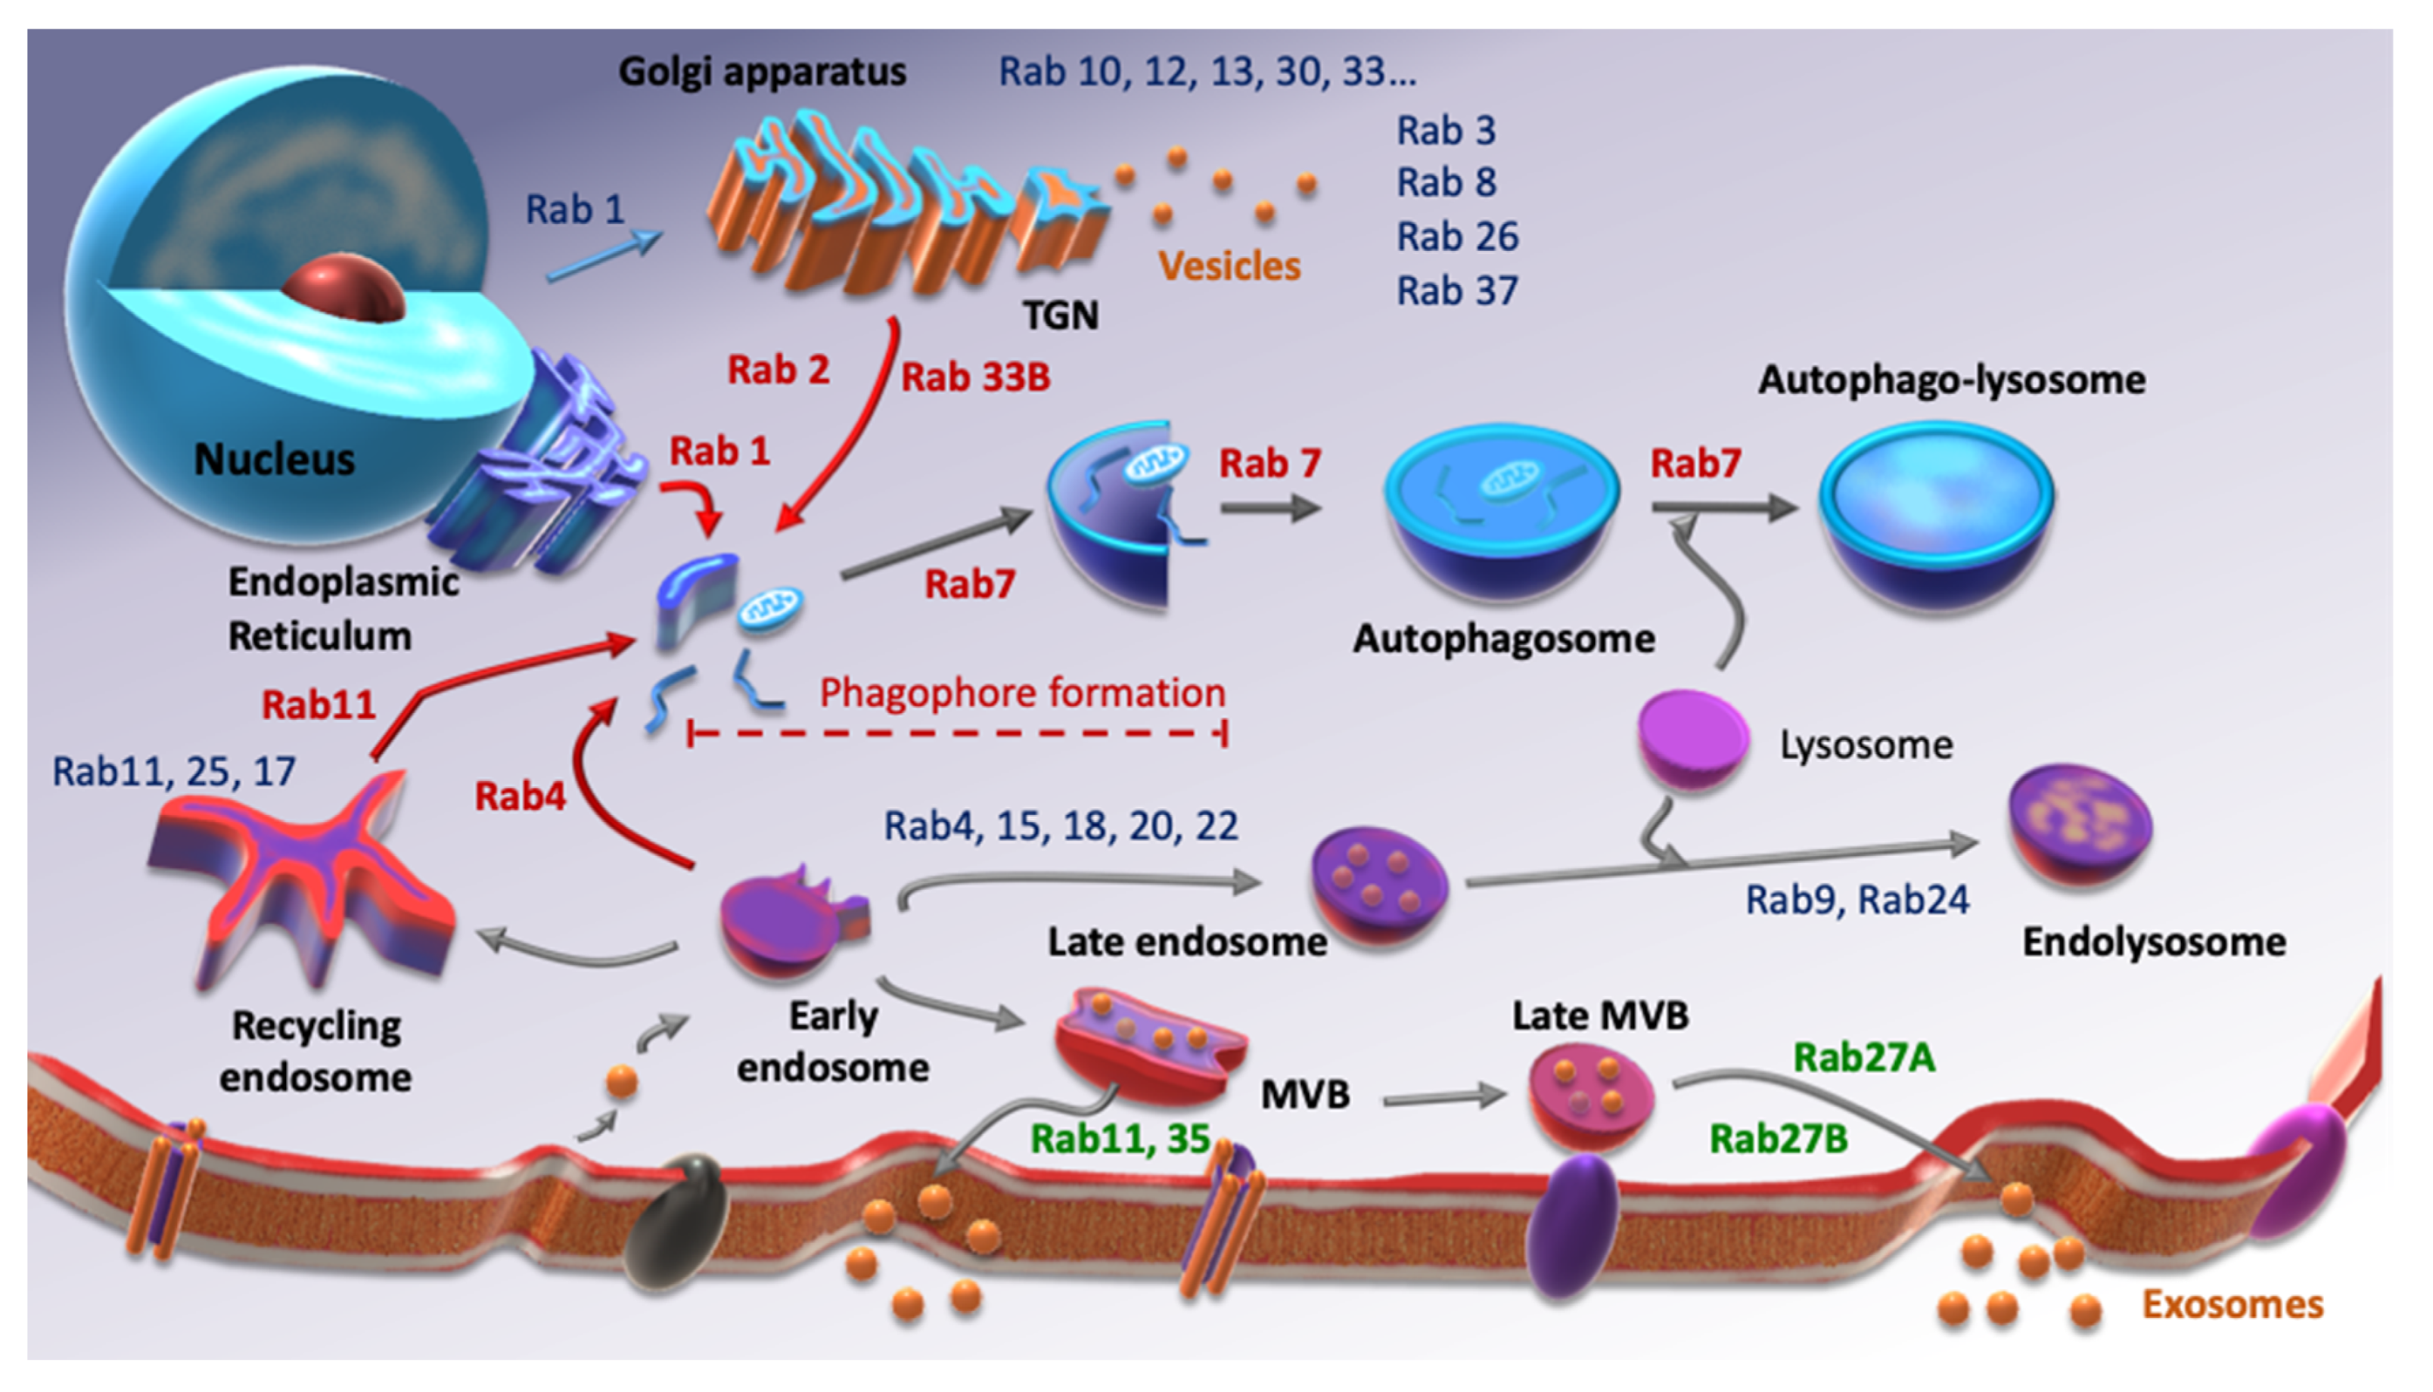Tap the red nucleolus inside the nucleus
(x=344, y=289)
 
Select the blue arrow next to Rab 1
(x=604, y=256)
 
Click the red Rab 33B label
(x=975, y=377)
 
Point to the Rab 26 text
(x=1456, y=236)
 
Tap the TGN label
(x=1060, y=315)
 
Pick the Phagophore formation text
(x=1021, y=692)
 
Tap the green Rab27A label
(x=1863, y=1057)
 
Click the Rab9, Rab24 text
(x=1857, y=900)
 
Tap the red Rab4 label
(x=520, y=795)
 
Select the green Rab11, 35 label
(x=1120, y=1139)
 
